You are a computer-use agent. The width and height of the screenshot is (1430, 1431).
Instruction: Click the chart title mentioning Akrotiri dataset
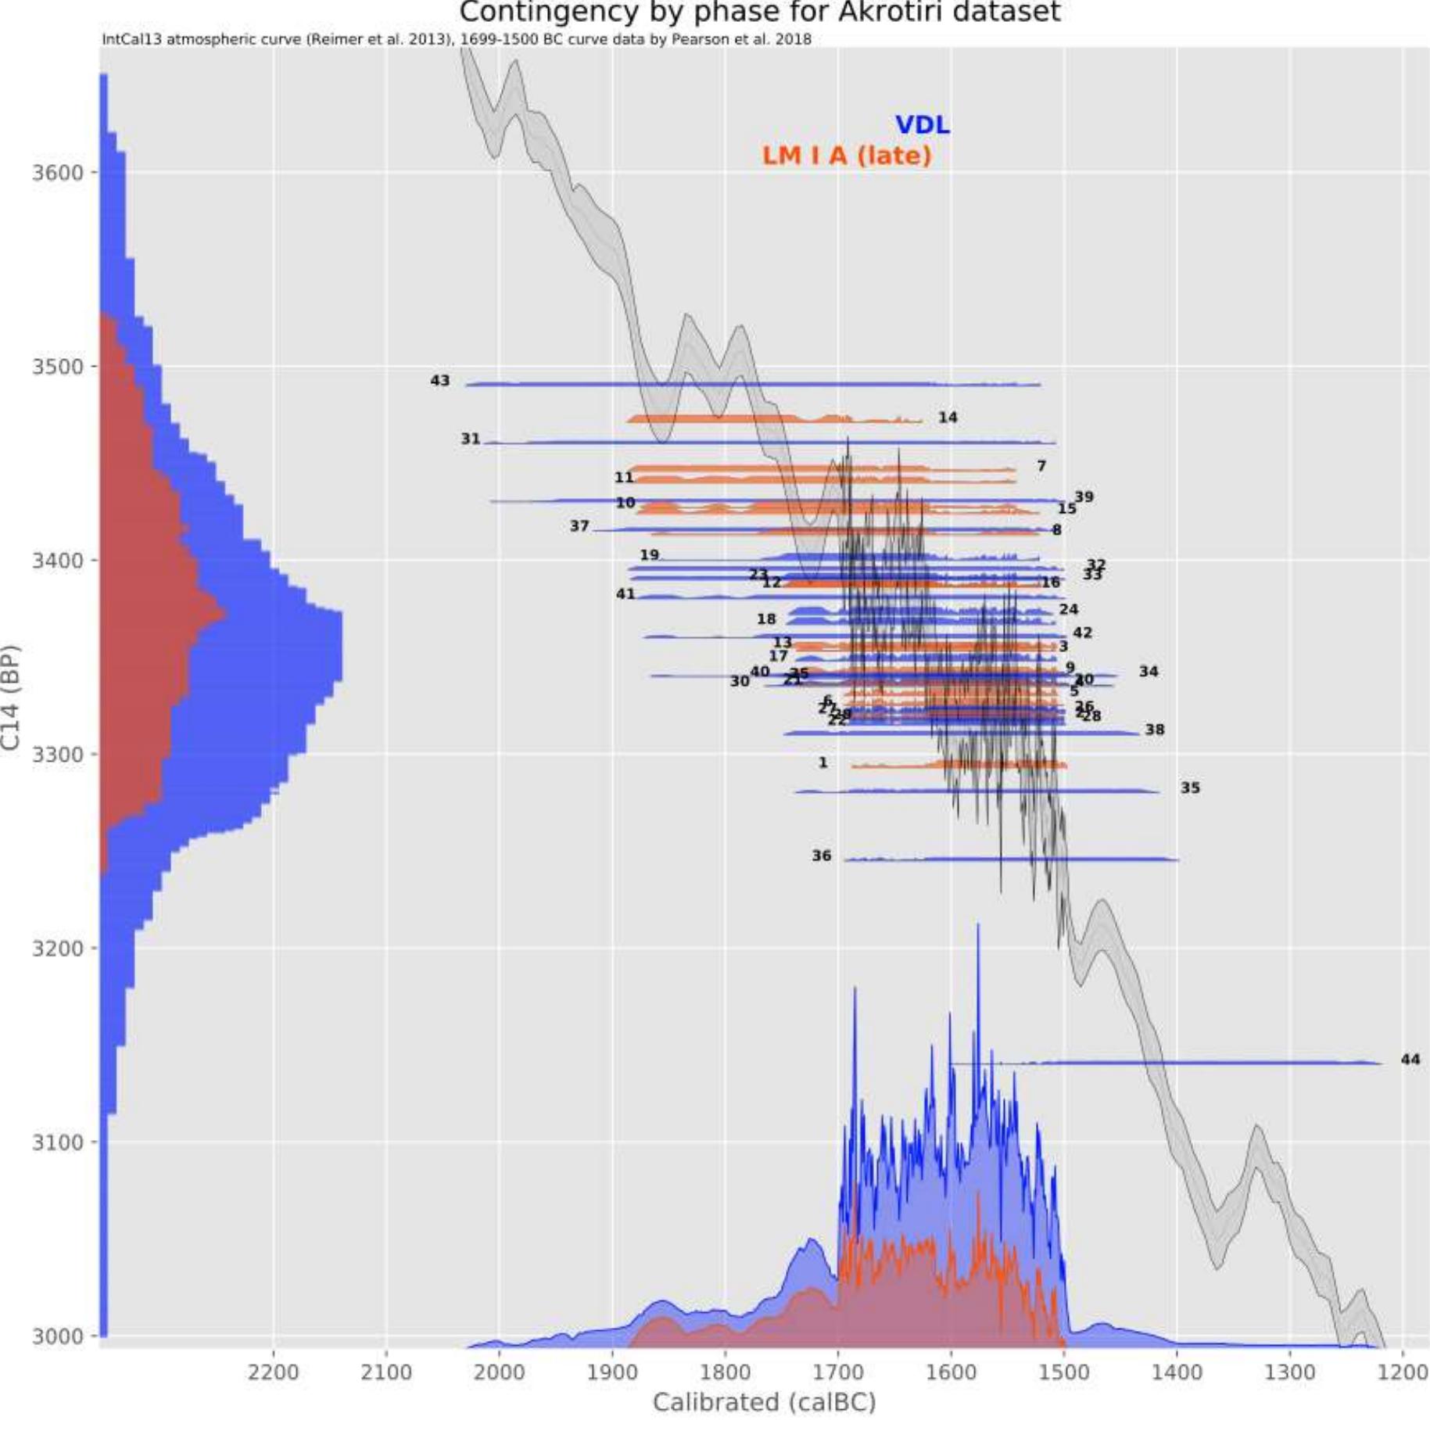[x=758, y=13]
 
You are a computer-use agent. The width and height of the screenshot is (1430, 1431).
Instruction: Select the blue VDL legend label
[x=922, y=125]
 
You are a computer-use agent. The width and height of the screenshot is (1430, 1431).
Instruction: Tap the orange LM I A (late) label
[x=847, y=156]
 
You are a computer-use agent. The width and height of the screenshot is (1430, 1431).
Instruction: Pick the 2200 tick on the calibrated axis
[x=273, y=1372]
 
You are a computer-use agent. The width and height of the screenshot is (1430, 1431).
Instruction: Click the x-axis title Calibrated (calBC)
[x=764, y=1402]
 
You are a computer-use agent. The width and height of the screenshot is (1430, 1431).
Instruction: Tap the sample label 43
[x=440, y=381]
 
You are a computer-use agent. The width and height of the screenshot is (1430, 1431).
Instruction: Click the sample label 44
[x=1410, y=1060]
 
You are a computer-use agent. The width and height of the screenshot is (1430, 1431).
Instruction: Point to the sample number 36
[x=821, y=856]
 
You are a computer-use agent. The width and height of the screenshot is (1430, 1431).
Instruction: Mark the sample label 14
[x=948, y=418]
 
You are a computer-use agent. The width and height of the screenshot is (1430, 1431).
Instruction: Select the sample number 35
[x=1189, y=788]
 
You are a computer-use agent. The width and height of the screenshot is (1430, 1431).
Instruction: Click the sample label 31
[x=470, y=439]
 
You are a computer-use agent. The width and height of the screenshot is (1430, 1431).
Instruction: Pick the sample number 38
[x=1154, y=730]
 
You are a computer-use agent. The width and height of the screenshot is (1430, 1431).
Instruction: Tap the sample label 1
[x=823, y=762]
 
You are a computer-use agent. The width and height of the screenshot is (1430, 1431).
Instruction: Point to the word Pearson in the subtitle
[x=701, y=39]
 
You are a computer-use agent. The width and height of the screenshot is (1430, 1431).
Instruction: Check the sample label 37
[x=579, y=526]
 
